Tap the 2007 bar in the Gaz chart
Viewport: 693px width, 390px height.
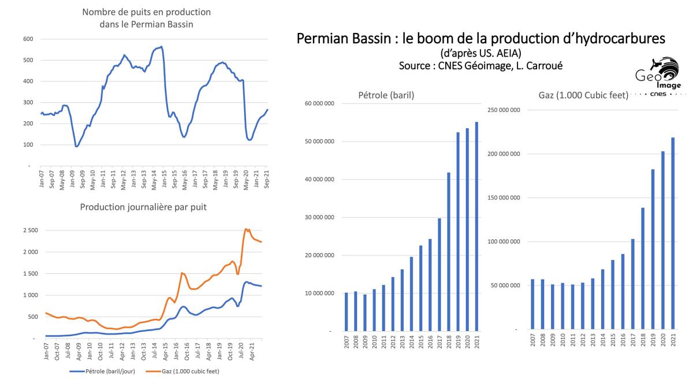[533, 304]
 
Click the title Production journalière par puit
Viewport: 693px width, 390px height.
[143, 207]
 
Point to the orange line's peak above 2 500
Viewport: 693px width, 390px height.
[247, 229]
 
